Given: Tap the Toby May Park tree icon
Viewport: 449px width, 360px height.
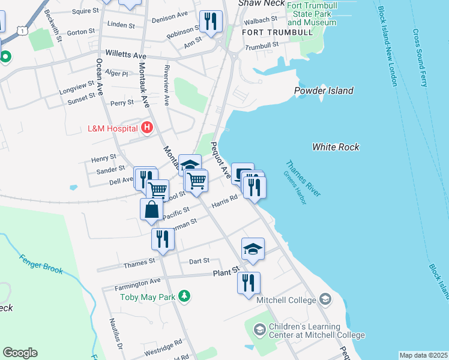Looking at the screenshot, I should (185, 296).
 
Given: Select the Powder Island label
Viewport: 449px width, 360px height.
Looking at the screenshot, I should (324, 91).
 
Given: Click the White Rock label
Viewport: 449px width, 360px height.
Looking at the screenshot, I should (336, 147).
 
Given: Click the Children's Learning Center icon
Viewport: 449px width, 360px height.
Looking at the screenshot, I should (259, 329).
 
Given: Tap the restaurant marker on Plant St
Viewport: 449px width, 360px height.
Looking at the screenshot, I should (249, 282).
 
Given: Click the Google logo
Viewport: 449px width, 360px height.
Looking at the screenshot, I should (20, 353).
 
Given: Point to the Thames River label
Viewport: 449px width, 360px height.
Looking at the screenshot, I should (303, 178).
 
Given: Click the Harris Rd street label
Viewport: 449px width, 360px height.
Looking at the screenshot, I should (224, 206).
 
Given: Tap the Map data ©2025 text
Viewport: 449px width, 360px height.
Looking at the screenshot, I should (423, 355).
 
